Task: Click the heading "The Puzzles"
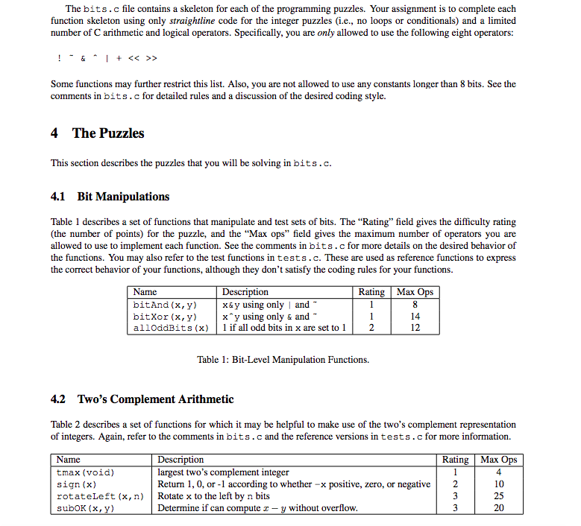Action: (x=108, y=133)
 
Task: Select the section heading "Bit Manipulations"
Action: (x=123, y=197)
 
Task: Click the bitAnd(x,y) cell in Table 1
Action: (x=164, y=305)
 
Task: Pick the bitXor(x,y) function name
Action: (x=164, y=317)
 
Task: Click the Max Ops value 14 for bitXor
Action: (x=415, y=317)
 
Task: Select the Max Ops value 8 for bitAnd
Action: (x=415, y=305)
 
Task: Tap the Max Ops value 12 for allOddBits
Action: (x=415, y=328)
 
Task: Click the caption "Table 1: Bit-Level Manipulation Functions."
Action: (x=283, y=360)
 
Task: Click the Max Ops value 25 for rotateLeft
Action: (x=499, y=496)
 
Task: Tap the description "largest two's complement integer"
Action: (x=223, y=472)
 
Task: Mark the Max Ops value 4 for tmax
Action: (x=499, y=472)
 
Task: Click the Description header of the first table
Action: (x=245, y=292)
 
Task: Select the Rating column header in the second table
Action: (x=455, y=460)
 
